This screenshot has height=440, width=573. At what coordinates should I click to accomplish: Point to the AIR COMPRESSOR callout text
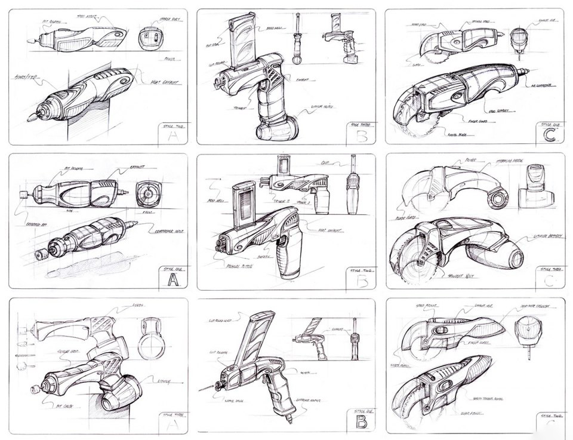pos(540,85)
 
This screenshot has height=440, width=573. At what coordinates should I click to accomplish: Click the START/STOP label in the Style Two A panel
pos(26,77)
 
